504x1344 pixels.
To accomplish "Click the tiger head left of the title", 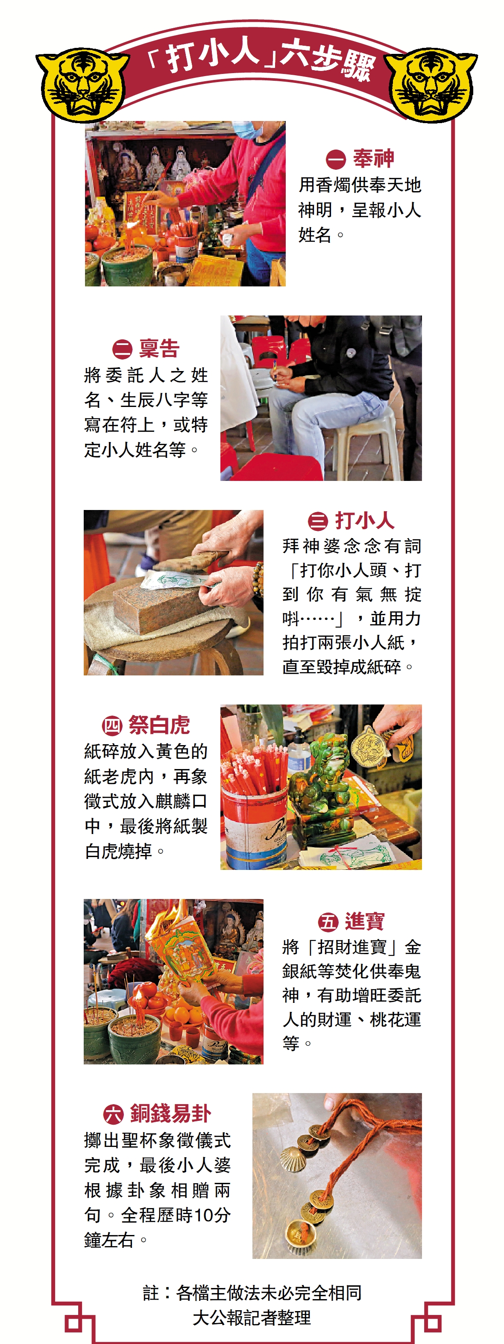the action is click(82, 85).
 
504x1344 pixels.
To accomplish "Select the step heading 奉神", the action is click(373, 158).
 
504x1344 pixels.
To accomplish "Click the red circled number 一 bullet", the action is click(336, 159).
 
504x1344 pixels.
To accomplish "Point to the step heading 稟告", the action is click(159, 348).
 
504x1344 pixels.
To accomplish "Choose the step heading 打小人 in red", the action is click(364, 520).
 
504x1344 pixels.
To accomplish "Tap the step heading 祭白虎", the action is click(159, 725).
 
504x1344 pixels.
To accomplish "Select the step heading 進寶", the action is click(364, 921).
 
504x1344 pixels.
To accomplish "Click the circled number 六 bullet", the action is click(113, 1114).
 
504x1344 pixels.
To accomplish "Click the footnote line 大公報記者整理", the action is click(252, 1317).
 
